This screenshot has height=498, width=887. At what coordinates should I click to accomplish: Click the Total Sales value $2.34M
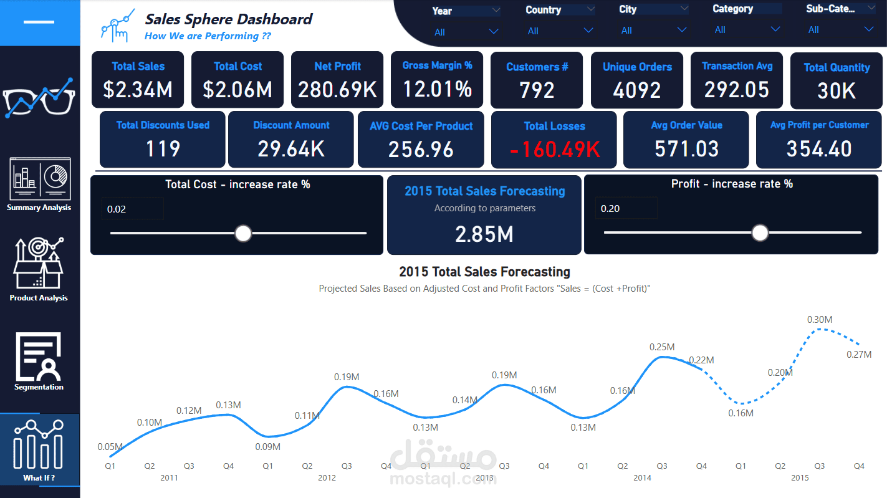click(138, 90)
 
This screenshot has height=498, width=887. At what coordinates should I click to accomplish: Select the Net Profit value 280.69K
click(337, 90)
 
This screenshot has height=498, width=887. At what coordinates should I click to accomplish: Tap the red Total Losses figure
click(554, 150)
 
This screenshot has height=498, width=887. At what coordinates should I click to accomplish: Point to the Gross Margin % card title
click(437, 65)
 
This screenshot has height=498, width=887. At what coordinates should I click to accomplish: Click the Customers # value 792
click(537, 91)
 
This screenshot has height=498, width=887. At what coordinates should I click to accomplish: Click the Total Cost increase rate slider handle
click(243, 234)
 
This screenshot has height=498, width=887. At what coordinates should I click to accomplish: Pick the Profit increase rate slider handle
click(760, 232)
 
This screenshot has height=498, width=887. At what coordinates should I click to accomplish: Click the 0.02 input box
click(132, 209)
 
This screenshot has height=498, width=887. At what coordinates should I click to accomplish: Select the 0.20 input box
click(625, 208)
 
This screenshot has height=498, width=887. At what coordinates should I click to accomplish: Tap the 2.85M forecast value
click(484, 234)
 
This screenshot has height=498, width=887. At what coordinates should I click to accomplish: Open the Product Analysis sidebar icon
click(39, 264)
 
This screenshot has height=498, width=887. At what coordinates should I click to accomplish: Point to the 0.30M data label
click(820, 320)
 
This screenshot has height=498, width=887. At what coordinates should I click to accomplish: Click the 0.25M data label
click(662, 347)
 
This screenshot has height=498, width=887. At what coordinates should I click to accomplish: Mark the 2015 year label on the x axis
click(800, 478)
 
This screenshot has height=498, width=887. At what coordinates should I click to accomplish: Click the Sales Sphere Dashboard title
click(229, 19)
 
